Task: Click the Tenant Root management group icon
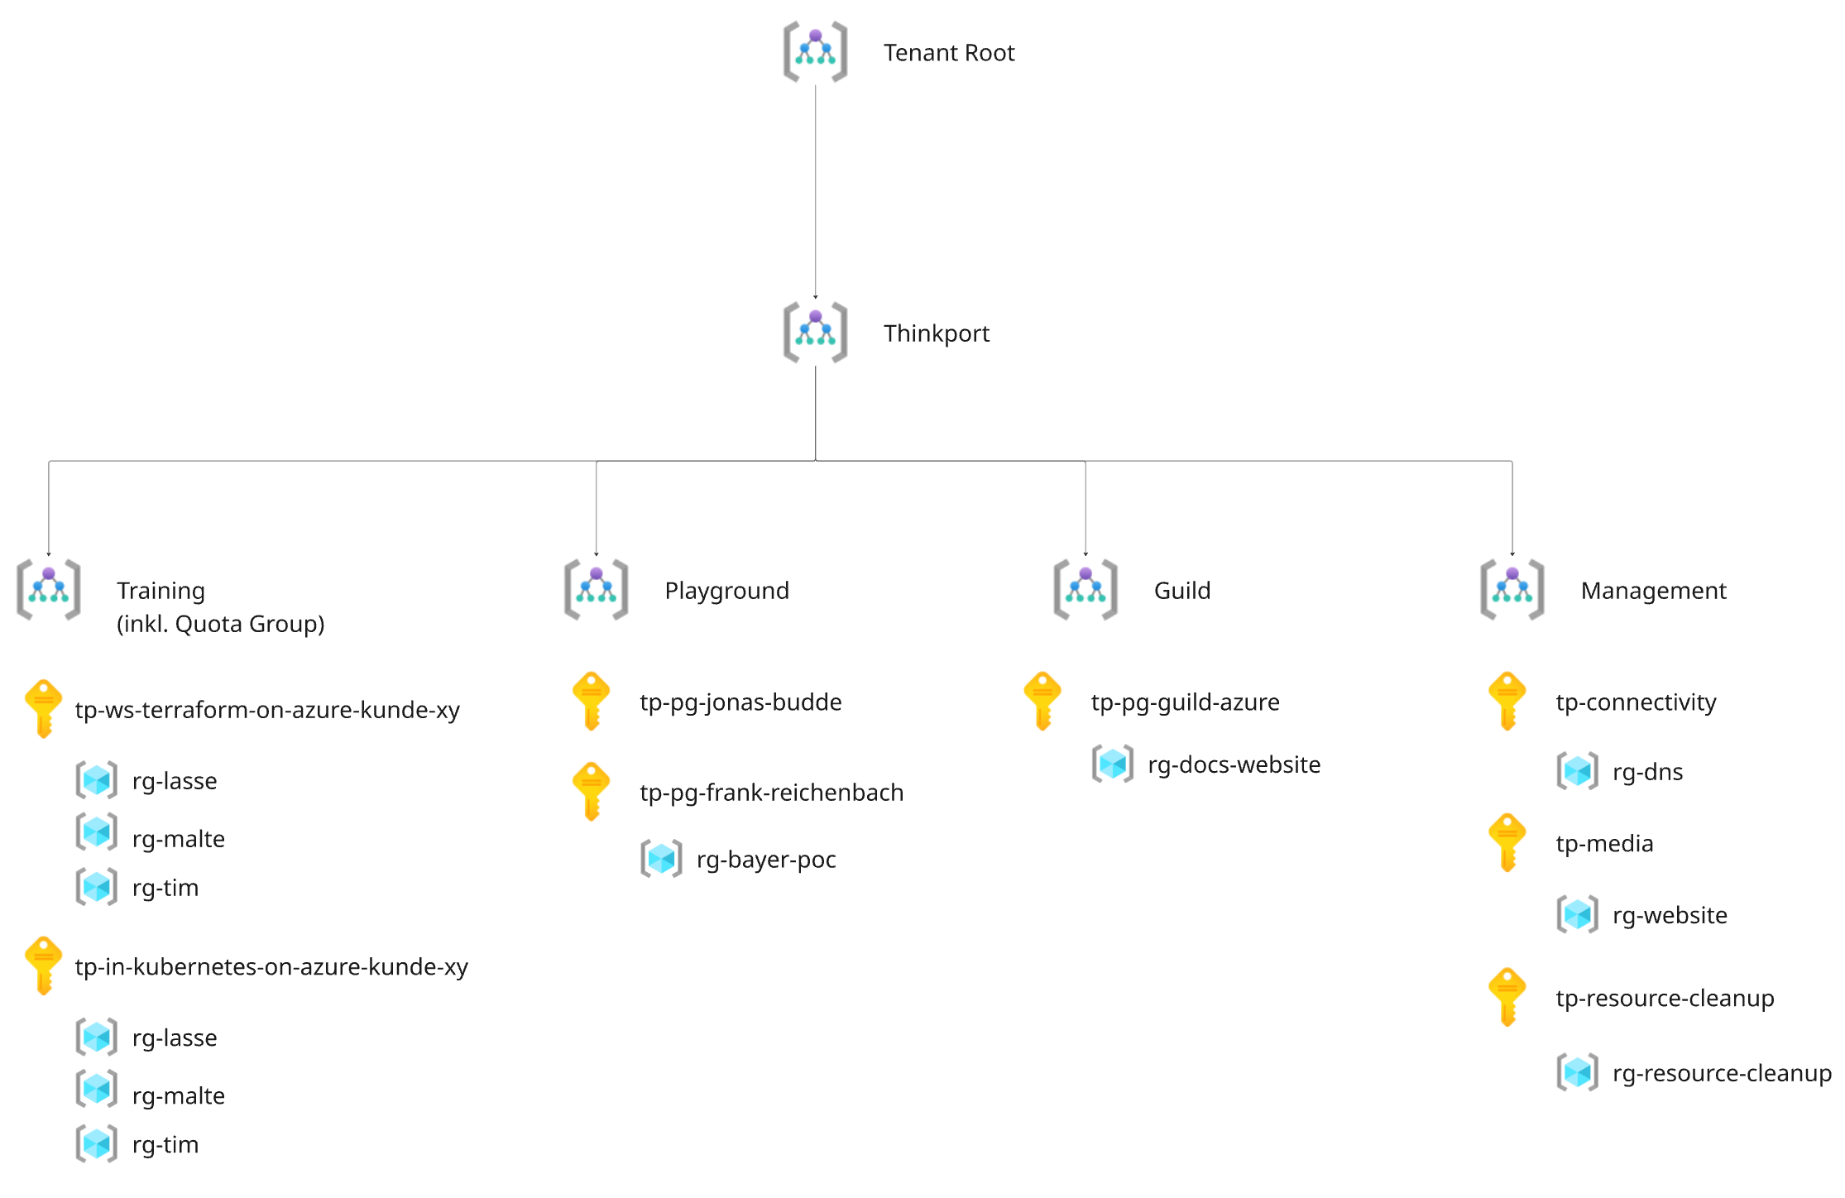(x=815, y=51)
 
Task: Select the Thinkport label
(x=936, y=333)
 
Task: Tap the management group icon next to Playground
(x=596, y=589)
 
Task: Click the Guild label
(x=1181, y=591)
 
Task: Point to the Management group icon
(x=1512, y=589)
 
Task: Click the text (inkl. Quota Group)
(x=220, y=624)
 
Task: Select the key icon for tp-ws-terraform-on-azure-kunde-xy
(x=44, y=708)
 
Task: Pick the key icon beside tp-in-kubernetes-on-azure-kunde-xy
(x=44, y=966)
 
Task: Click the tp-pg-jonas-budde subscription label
(x=740, y=702)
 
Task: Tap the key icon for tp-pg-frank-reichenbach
(x=591, y=791)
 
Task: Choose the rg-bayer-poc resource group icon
(x=661, y=858)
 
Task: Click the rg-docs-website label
(x=1234, y=764)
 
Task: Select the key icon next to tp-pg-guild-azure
(x=1042, y=701)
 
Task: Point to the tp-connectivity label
(x=1636, y=702)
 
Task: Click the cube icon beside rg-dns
(x=1577, y=771)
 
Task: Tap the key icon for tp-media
(x=1507, y=842)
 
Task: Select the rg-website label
(x=1670, y=915)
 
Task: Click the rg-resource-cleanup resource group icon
(x=1577, y=1072)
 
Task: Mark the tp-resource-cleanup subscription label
(x=1665, y=999)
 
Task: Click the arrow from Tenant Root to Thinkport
(x=815, y=192)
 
